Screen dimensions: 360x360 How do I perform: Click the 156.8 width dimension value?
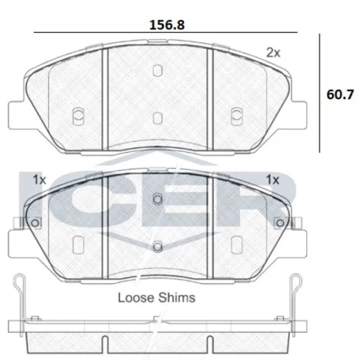pyautogui.click(x=167, y=25)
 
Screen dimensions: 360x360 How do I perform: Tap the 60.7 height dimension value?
pyautogui.click(x=340, y=95)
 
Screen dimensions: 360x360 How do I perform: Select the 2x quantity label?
pyautogui.click(x=273, y=53)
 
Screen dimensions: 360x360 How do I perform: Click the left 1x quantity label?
pyautogui.click(x=40, y=179)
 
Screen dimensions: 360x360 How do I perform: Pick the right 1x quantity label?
pyautogui.click(x=272, y=179)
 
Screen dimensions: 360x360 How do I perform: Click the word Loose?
pyautogui.click(x=136, y=298)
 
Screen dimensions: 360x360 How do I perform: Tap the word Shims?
pyautogui.click(x=177, y=298)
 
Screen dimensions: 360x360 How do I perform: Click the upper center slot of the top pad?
pyautogui.click(x=157, y=70)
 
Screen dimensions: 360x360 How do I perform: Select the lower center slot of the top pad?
pyautogui.click(x=157, y=118)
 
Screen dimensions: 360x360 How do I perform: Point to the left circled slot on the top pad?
pyautogui.click(x=78, y=116)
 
